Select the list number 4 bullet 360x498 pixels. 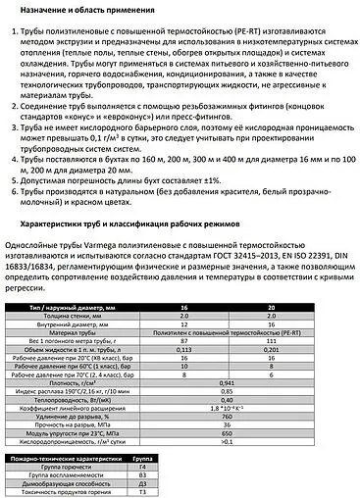click(x=13, y=155)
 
